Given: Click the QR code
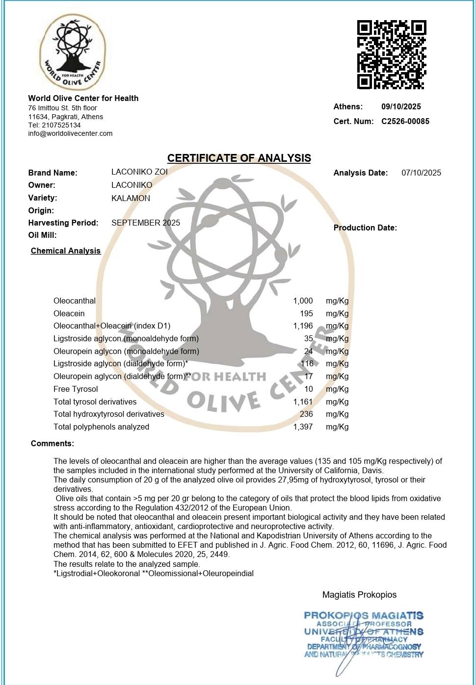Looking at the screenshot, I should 391,54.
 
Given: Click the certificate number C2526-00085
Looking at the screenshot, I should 405,121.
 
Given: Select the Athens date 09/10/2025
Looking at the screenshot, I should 401,106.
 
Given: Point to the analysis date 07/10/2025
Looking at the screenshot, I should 421,173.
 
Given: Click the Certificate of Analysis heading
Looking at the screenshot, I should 239,158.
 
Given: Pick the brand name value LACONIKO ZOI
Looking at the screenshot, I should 139,172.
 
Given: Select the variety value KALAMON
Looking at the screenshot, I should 131,198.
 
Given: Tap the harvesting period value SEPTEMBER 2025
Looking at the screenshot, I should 146,223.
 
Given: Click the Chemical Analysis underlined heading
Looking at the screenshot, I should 66,251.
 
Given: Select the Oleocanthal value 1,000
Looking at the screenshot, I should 303,301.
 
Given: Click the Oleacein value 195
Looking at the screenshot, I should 306,313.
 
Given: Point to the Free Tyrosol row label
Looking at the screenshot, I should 76,389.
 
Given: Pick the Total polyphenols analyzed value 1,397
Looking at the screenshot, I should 303,427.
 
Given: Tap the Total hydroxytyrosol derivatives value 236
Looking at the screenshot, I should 306,414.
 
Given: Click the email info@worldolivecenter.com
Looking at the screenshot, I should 70,133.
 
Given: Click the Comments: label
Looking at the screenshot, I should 53,443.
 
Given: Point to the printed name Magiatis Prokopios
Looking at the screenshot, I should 359,595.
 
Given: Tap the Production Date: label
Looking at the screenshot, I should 365,228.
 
